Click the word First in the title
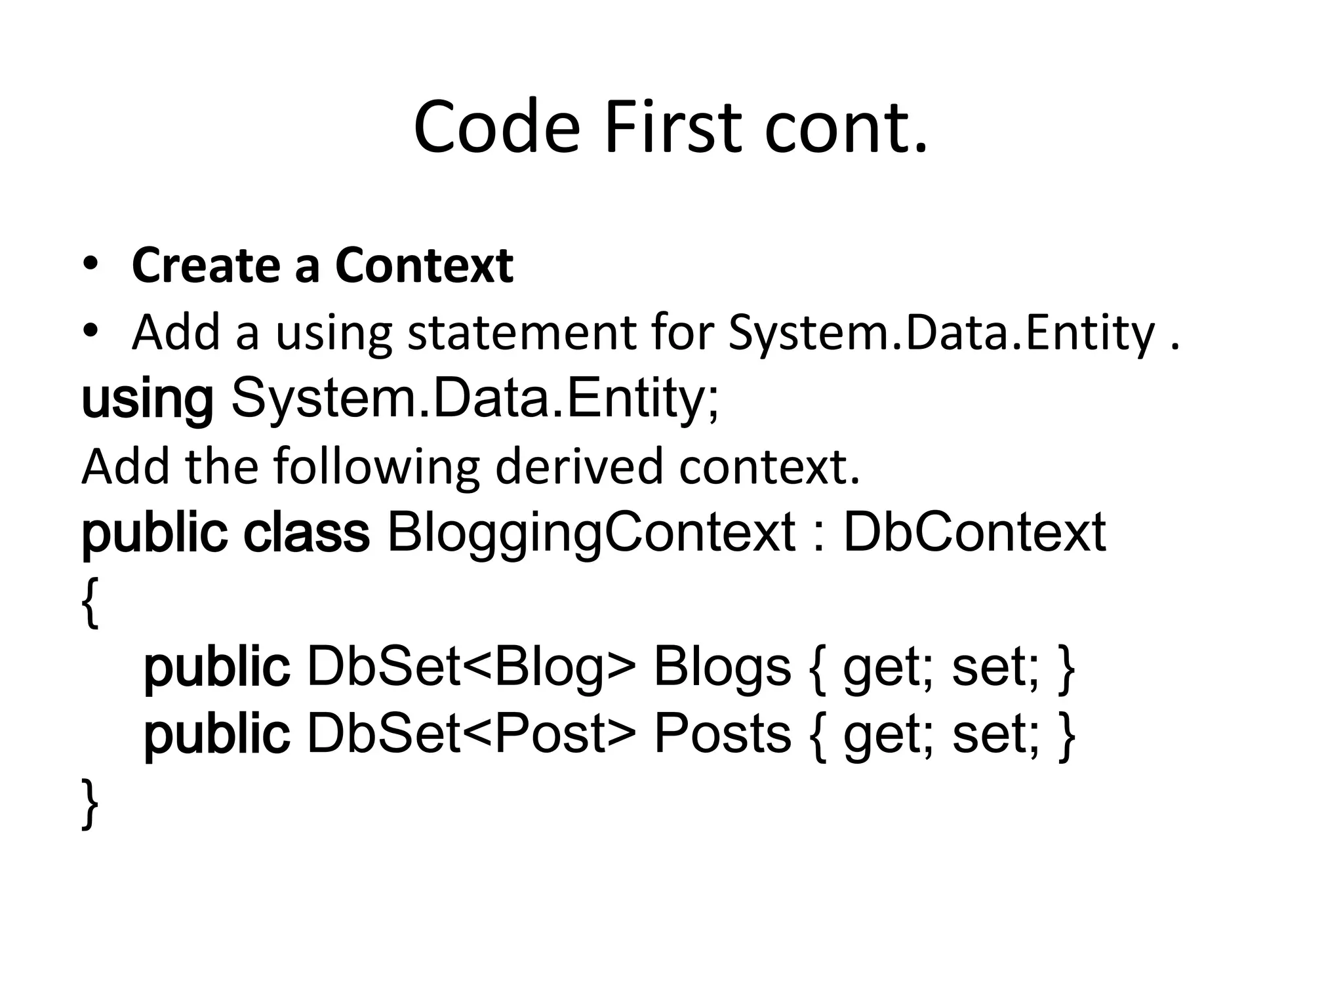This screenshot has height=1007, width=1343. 675,128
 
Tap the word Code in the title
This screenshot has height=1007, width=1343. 496,128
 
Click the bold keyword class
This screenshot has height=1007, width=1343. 306,532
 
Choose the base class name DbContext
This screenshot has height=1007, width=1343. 974,532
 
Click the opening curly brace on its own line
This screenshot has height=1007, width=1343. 90,602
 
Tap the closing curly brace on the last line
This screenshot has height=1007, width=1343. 90,804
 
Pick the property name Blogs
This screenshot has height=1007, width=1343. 722,667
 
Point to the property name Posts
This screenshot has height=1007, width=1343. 722,734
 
